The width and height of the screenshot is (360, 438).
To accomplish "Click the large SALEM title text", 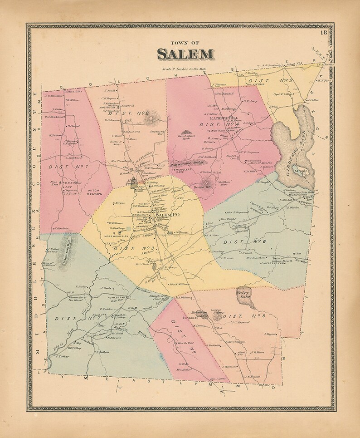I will pos(185,54).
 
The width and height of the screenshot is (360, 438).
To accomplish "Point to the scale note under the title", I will pos(185,69).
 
